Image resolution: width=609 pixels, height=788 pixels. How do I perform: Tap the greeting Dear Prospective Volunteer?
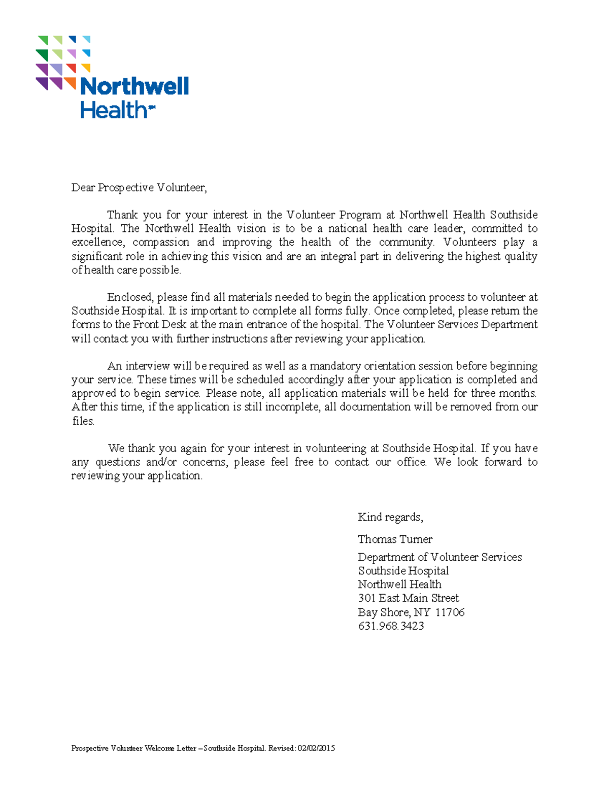coord(139,188)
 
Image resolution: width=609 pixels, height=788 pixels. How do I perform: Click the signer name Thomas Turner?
coord(395,539)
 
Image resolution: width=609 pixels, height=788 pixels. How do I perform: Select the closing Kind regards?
coord(390,517)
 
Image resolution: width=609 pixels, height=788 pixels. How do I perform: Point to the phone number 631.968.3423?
coord(391,626)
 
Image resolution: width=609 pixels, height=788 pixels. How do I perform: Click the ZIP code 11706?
coord(450,612)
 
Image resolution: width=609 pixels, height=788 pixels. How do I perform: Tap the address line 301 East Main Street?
coord(408,598)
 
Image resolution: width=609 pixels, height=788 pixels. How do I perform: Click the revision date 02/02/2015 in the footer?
coord(316,748)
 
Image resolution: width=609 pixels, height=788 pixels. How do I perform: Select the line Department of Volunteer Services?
coord(439,557)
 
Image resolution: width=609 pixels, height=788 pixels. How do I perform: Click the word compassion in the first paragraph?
coord(161,242)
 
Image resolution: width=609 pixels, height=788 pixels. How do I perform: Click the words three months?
coord(503,393)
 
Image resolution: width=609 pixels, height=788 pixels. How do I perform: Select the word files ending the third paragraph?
coord(83,421)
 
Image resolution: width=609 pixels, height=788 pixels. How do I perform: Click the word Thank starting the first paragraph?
coord(122,215)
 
